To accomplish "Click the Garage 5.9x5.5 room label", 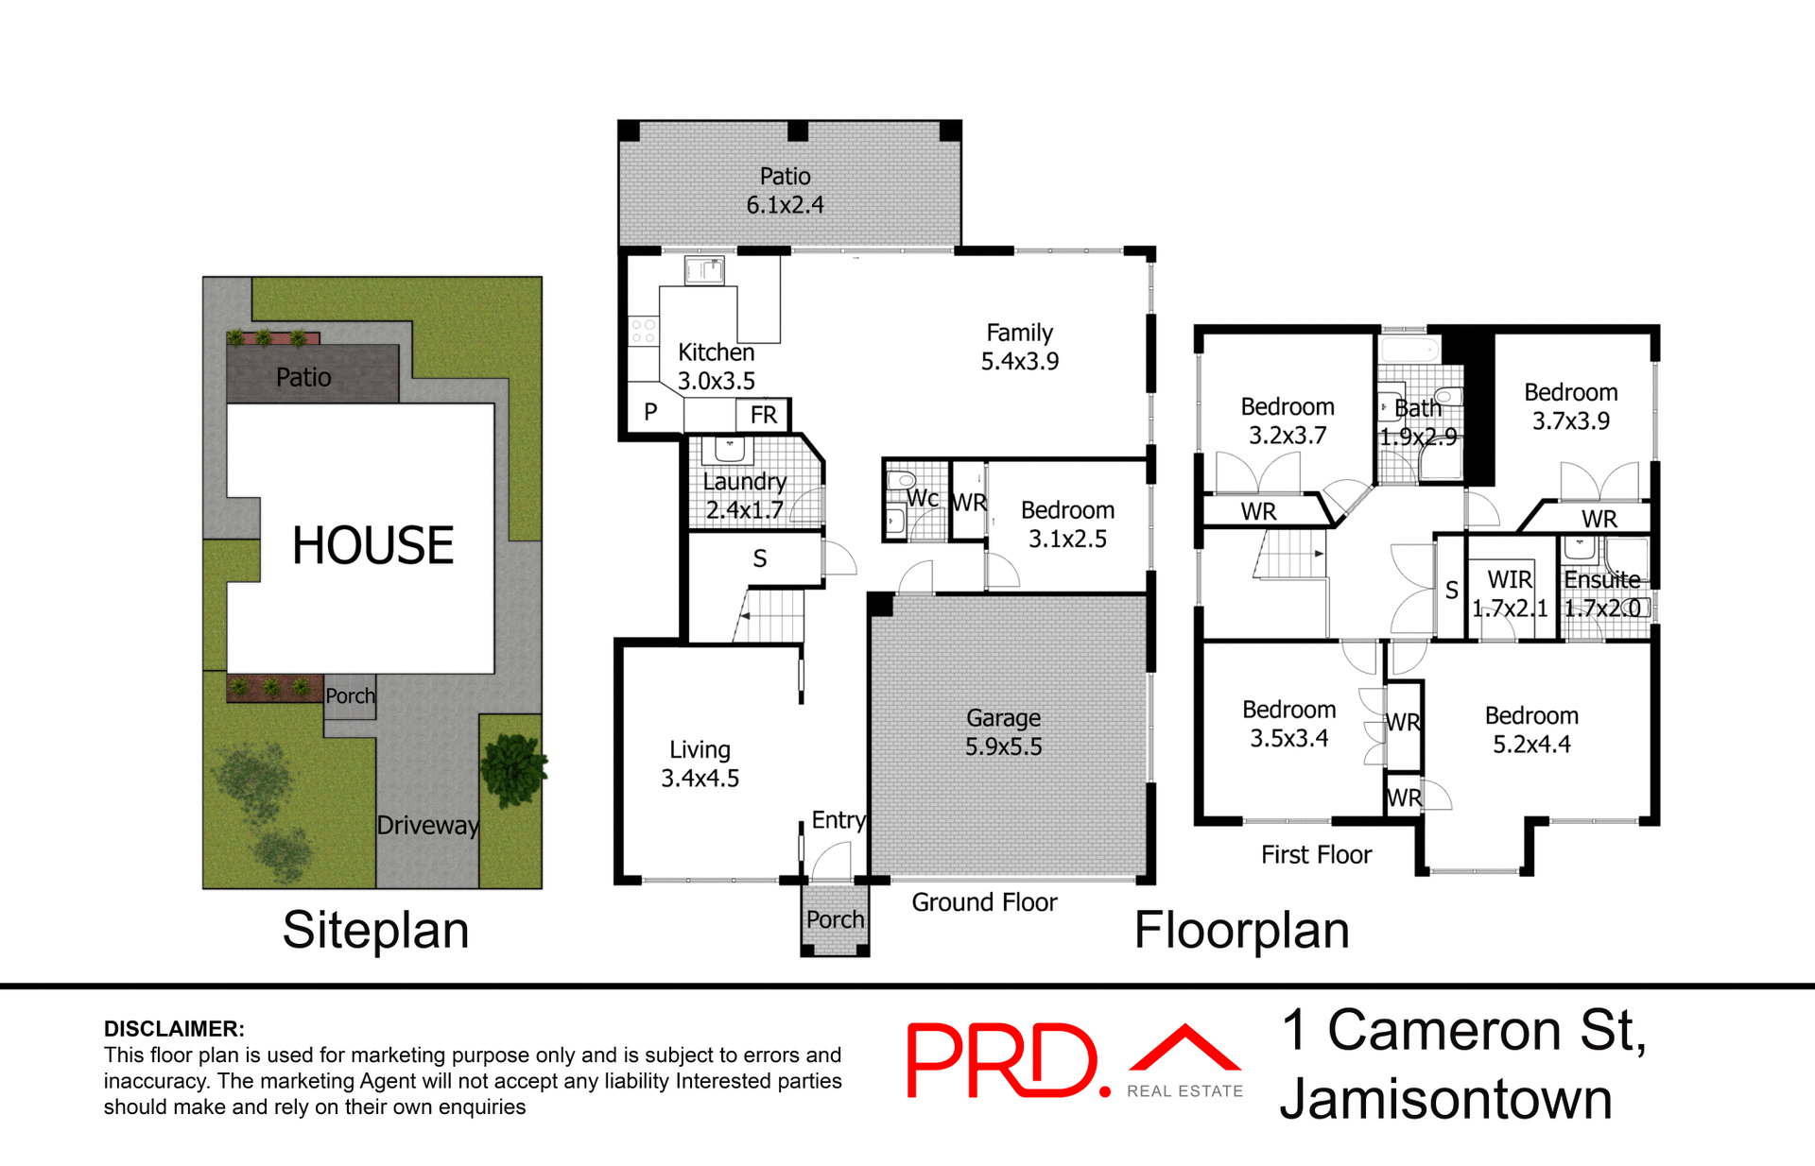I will tap(1003, 732).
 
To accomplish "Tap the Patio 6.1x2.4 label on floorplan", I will tap(785, 191).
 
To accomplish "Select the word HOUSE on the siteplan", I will tap(372, 546).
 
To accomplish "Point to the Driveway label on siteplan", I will tap(427, 825).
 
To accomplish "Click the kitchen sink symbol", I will tap(705, 271).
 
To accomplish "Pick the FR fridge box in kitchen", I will tap(763, 415).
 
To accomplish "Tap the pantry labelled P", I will tap(650, 412).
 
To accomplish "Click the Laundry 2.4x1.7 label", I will tap(745, 495).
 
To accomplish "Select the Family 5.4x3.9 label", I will tap(1019, 347).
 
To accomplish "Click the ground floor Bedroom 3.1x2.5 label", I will tap(1067, 524).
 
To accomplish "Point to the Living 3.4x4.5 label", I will tap(700, 763).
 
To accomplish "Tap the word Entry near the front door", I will tap(838, 820).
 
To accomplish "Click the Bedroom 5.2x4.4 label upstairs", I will tap(1531, 729).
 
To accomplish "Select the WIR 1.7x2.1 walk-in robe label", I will tap(1510, 593).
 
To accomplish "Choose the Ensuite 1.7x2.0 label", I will tap(1602, 593).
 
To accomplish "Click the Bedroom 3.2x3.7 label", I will tap(1288, 420).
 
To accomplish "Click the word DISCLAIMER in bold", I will tap(174, 1029).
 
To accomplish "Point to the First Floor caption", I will tap(1316, 855).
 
